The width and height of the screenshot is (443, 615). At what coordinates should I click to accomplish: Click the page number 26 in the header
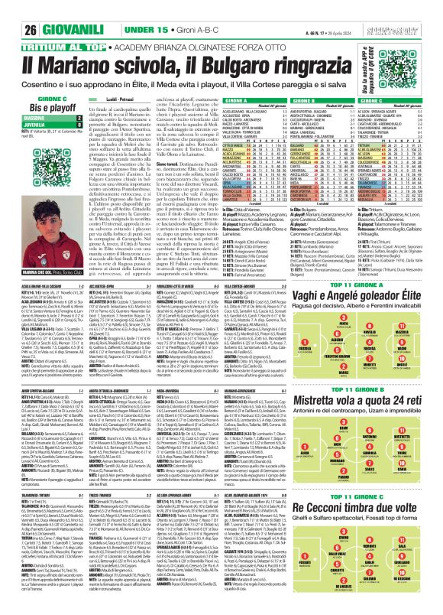click(x=18, y=10)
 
